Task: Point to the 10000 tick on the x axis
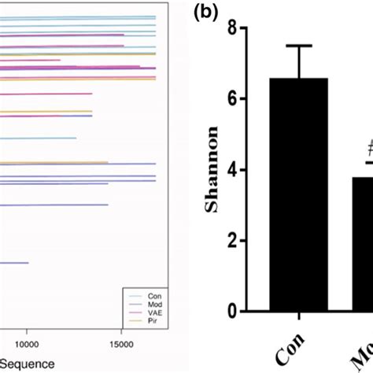tap(27, 344)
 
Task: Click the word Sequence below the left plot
tap(28, 364)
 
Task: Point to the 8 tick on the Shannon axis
tap(232, 28)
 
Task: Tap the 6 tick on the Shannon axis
tap(232, 99)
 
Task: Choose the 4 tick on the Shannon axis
tap(232, 170)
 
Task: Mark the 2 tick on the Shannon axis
tap(232, 242)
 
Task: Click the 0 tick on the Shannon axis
tap(232, 312)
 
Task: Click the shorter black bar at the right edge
tap(358, 244)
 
